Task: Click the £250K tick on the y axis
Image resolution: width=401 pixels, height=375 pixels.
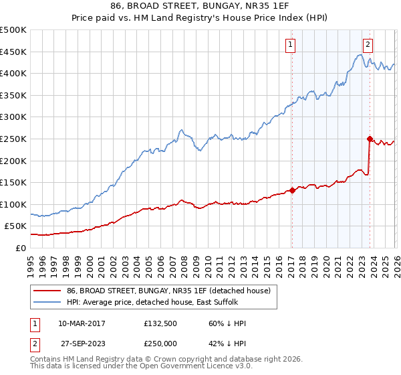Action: point(13,139)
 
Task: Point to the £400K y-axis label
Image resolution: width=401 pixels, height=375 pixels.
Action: point(13,73)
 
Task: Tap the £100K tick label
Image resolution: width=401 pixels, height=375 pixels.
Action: point(13,204)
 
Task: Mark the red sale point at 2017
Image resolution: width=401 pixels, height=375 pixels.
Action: point(292,190)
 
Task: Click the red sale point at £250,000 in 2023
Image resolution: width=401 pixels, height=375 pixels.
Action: point(370,139)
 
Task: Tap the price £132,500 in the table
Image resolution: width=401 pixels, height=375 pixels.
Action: point(159,323)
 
